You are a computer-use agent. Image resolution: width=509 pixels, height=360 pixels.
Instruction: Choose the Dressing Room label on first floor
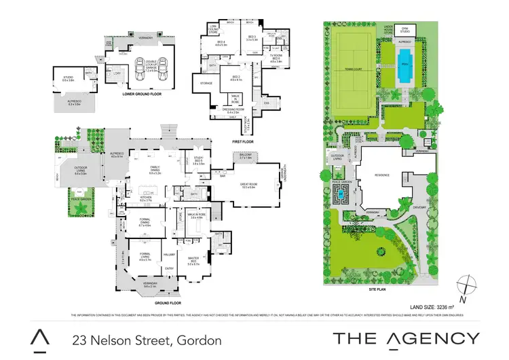tap(233, 111)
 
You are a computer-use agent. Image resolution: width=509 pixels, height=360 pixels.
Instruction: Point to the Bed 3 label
tap(252, 38)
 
